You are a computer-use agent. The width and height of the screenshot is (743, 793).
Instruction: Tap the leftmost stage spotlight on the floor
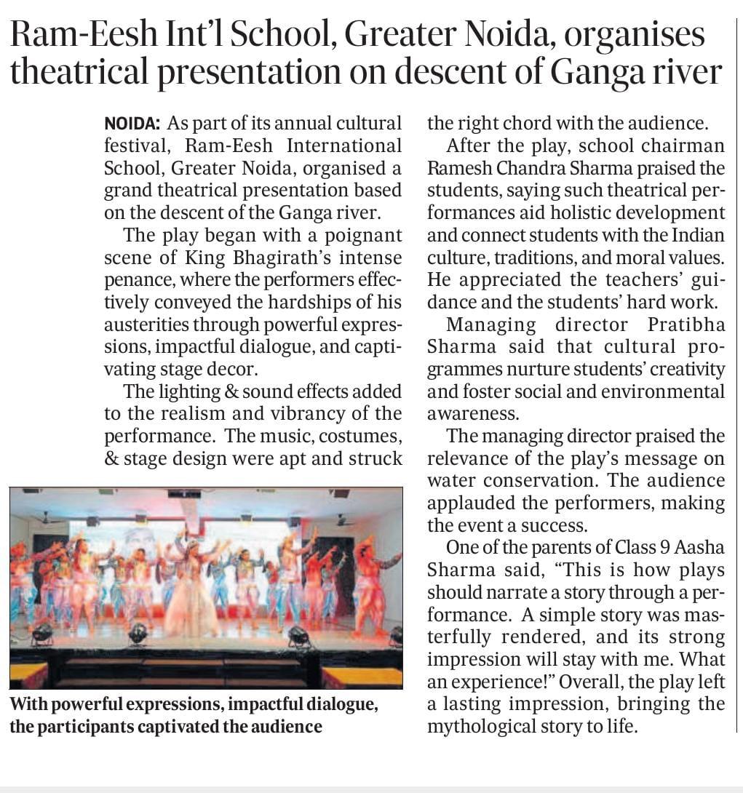click(41, 631)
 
